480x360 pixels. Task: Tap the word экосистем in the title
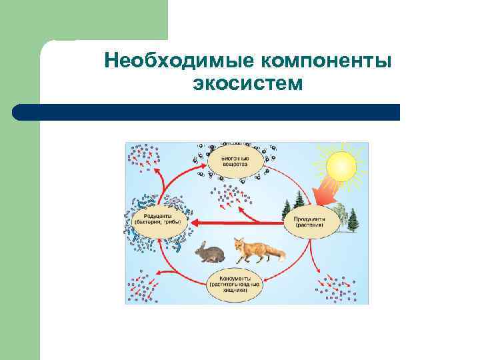point(247,85)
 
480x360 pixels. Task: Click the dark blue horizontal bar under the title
point(207,112)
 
